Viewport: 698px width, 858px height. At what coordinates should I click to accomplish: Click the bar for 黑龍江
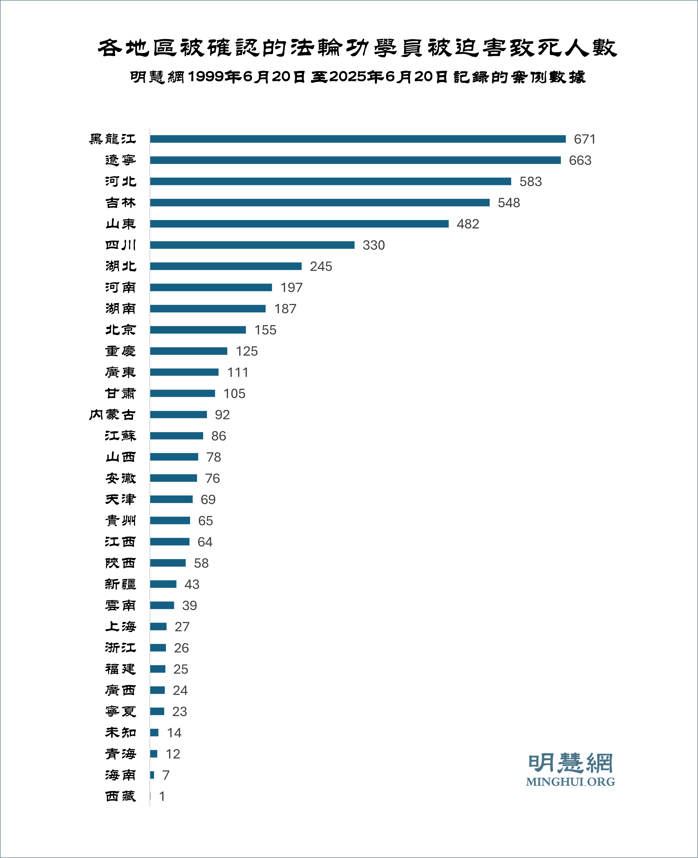358,139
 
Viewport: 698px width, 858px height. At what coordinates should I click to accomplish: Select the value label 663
580,160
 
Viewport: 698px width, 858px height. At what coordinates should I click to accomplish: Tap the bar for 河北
330,181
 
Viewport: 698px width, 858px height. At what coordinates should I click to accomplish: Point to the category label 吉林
121,203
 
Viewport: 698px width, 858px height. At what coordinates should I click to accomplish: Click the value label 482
468,224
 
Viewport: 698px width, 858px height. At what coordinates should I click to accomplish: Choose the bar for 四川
252,245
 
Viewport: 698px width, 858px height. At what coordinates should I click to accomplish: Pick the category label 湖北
121,266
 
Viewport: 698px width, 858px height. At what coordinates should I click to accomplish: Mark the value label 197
291,287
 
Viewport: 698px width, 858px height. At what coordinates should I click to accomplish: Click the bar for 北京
198,330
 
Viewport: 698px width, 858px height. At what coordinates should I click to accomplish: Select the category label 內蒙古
112,415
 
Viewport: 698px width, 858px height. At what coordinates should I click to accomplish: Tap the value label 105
234,394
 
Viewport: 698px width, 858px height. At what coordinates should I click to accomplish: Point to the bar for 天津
171,499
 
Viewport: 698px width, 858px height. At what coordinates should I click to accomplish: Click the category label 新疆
121,584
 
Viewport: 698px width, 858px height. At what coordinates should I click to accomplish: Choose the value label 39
189,606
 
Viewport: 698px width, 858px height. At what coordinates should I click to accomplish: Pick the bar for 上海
158,626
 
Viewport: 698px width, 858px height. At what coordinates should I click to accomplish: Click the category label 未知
121,732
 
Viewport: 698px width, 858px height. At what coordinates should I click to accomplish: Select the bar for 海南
152,775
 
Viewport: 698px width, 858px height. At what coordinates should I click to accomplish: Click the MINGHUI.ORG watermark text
570,782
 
